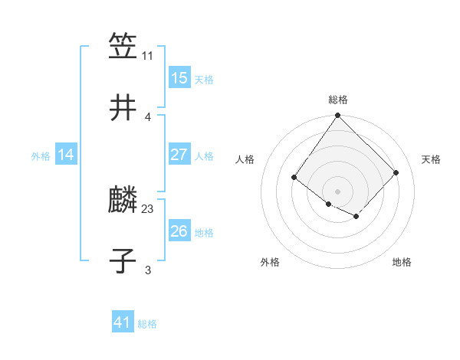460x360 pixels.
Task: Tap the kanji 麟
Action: [123, 200]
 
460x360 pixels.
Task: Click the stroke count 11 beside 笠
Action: [148, 55]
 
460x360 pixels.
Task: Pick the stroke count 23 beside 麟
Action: [148, 208]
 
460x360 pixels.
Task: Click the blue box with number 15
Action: [179, 78]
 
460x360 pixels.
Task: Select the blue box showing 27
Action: [179, 155]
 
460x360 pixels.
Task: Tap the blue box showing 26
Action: [179, 231]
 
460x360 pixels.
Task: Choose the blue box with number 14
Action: [66, 155]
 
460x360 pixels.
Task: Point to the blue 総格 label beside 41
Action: [147, 324]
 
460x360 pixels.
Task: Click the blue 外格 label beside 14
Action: [41, 155]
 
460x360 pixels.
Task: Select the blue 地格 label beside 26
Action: [204, 232]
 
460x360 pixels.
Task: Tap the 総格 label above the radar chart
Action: [338, 100]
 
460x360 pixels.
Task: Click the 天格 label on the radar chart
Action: [432, 159]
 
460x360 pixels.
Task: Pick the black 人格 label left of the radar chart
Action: [245, 159]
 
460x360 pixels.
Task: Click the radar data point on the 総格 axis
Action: [338, 116]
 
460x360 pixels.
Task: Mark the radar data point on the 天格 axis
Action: [396, 172]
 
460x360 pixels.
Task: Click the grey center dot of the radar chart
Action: [338, 191]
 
